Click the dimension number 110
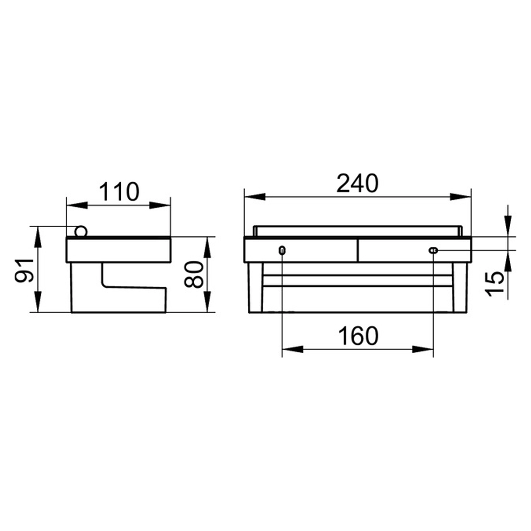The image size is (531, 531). coord(119,192)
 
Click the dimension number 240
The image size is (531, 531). coord(358,183)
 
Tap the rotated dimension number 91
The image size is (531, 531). coord(24,270)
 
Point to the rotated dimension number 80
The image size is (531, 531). coord(193,274)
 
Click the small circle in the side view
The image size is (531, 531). coord(81,231)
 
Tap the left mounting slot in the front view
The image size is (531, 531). coord(282,250)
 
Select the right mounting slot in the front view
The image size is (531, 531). coord(433,250)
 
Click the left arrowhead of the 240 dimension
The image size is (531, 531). coord(255,197)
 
